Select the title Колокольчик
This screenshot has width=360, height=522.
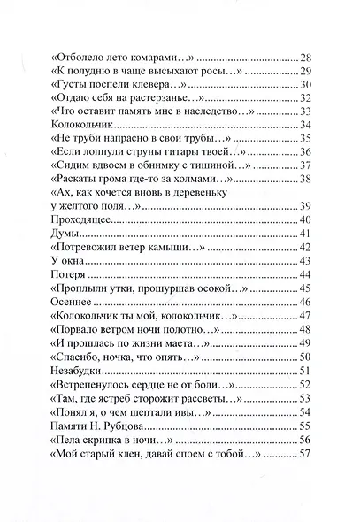pyautogui.click(x=80, y=125)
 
